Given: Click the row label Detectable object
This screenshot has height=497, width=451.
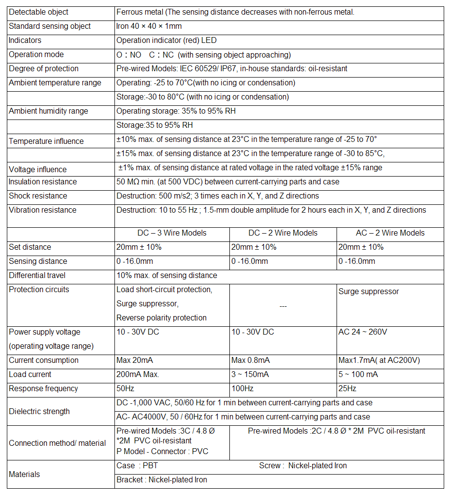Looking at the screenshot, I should coord(38,12).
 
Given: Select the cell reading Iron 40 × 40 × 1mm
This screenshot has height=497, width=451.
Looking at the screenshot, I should coord(149,26).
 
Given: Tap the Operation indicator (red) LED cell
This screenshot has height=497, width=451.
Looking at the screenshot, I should coord(167,40).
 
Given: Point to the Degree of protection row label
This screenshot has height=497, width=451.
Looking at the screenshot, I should coord(43,69).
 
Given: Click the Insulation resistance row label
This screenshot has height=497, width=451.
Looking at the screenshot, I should coord(43,182).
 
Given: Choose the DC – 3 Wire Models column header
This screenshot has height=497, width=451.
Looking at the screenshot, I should coord(172,233).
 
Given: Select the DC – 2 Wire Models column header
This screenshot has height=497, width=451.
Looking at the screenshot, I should coord(283,233).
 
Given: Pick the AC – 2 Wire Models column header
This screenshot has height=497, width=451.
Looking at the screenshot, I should coord(390,233).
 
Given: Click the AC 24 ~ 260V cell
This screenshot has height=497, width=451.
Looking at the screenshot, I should coord(362,332).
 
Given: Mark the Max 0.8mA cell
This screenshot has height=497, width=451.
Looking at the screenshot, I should coord(250,360).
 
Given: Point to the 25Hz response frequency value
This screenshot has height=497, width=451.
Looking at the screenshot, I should coord(347,389).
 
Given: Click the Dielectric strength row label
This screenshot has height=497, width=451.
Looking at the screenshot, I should coord(39,412).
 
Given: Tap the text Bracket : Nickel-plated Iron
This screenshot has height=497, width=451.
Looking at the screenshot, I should coord(162,480).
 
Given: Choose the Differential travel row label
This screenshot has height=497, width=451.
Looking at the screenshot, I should coord(37,276).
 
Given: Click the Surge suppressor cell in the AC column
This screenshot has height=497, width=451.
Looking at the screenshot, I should coord(369,292).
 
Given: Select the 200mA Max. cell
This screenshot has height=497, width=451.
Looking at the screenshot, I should coord(138,375).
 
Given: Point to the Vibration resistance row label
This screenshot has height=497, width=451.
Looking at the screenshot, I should coord(43,210).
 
